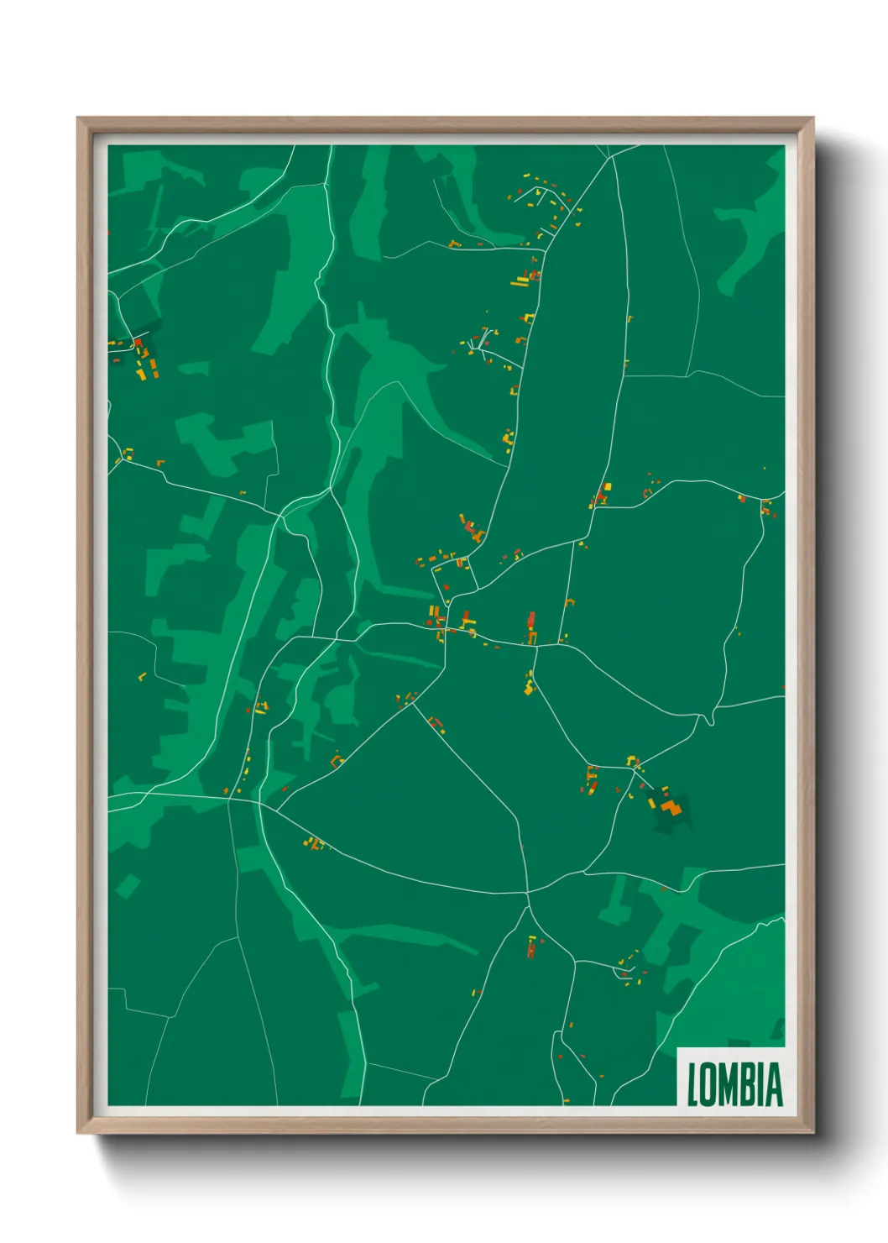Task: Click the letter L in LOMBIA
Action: pos(693,1084)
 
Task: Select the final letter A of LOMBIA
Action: pos(775,1084)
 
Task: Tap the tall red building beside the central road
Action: pos(530,621)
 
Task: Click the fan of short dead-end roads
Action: pos(480,343)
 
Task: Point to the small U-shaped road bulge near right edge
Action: pos(711,718)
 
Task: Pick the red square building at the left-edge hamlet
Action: pos(137,343)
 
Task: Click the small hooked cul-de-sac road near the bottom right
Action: pos(623,973)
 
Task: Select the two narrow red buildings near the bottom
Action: pos(530,950)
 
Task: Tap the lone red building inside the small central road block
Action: pos(446,588)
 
